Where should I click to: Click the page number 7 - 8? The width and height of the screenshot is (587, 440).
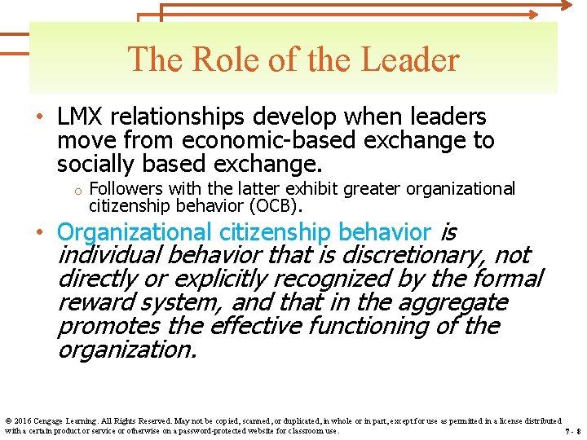coord(572,431)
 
